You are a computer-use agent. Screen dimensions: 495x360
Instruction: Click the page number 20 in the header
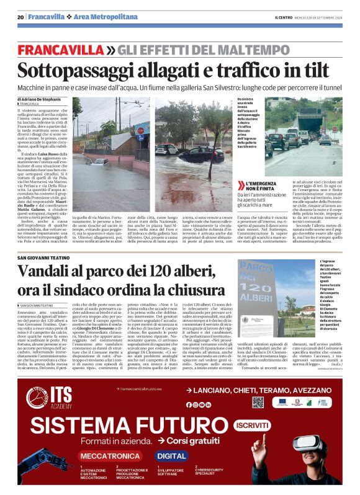20,17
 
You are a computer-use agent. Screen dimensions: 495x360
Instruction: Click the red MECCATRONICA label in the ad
108,455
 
